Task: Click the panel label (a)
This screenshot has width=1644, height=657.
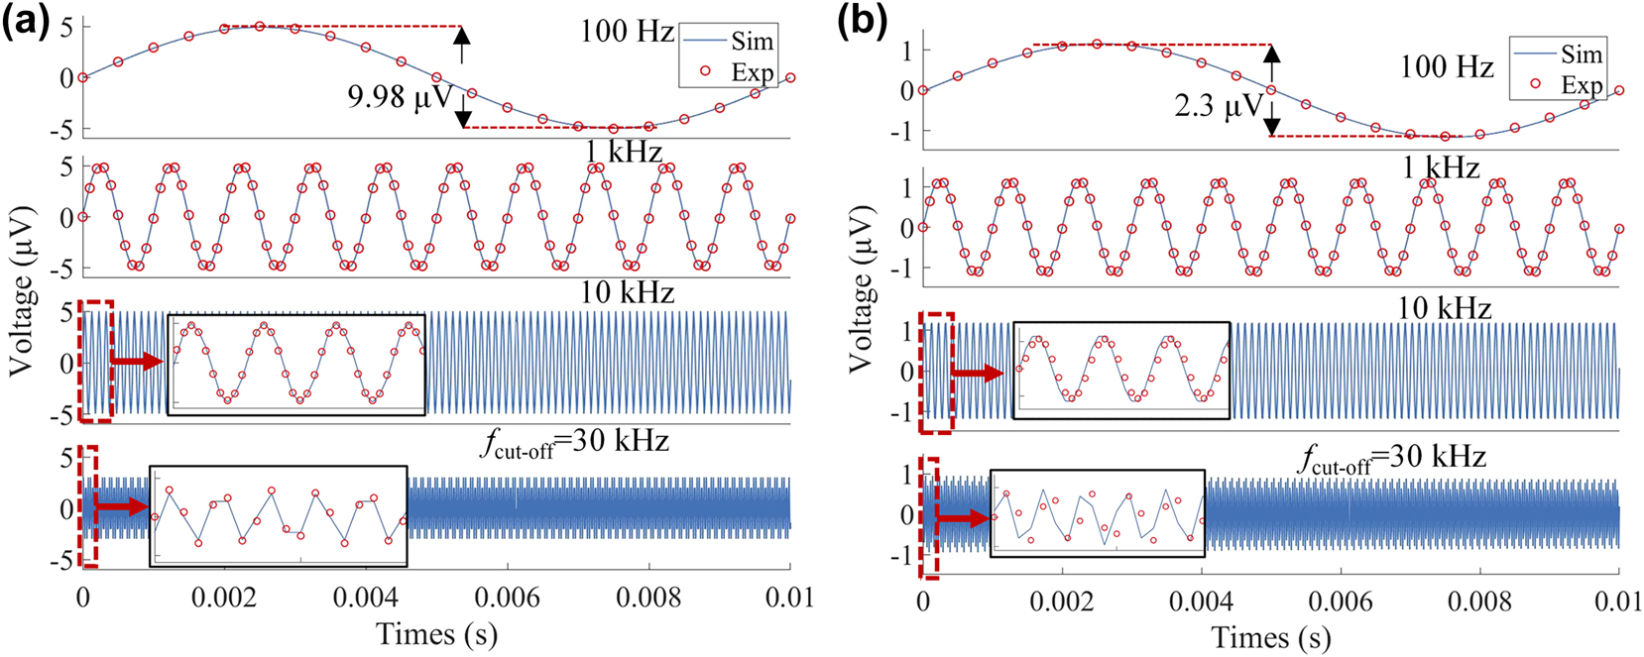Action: pos(25,20)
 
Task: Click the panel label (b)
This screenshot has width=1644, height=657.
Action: pos(863,21)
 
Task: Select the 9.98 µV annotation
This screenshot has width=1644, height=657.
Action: pos(400,97)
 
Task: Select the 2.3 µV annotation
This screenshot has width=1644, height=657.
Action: pos(1219,106)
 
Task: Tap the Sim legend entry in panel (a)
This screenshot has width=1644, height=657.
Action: pos(752,41)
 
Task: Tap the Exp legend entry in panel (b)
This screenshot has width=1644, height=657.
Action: pos(1581,84)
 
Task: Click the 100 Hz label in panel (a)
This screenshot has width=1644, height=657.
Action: pos(627,31)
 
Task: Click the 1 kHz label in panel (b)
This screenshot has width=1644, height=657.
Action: pos(1440,167)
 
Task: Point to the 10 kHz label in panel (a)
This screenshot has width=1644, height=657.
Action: pos(627,292)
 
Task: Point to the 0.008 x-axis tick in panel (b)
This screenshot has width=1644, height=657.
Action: pos(1478,601)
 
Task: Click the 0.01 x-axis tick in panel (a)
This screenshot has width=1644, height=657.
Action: pos(790,597)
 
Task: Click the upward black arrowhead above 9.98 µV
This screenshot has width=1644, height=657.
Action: pos(461,36)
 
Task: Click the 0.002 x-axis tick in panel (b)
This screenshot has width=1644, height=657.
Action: pos(1062,601)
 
